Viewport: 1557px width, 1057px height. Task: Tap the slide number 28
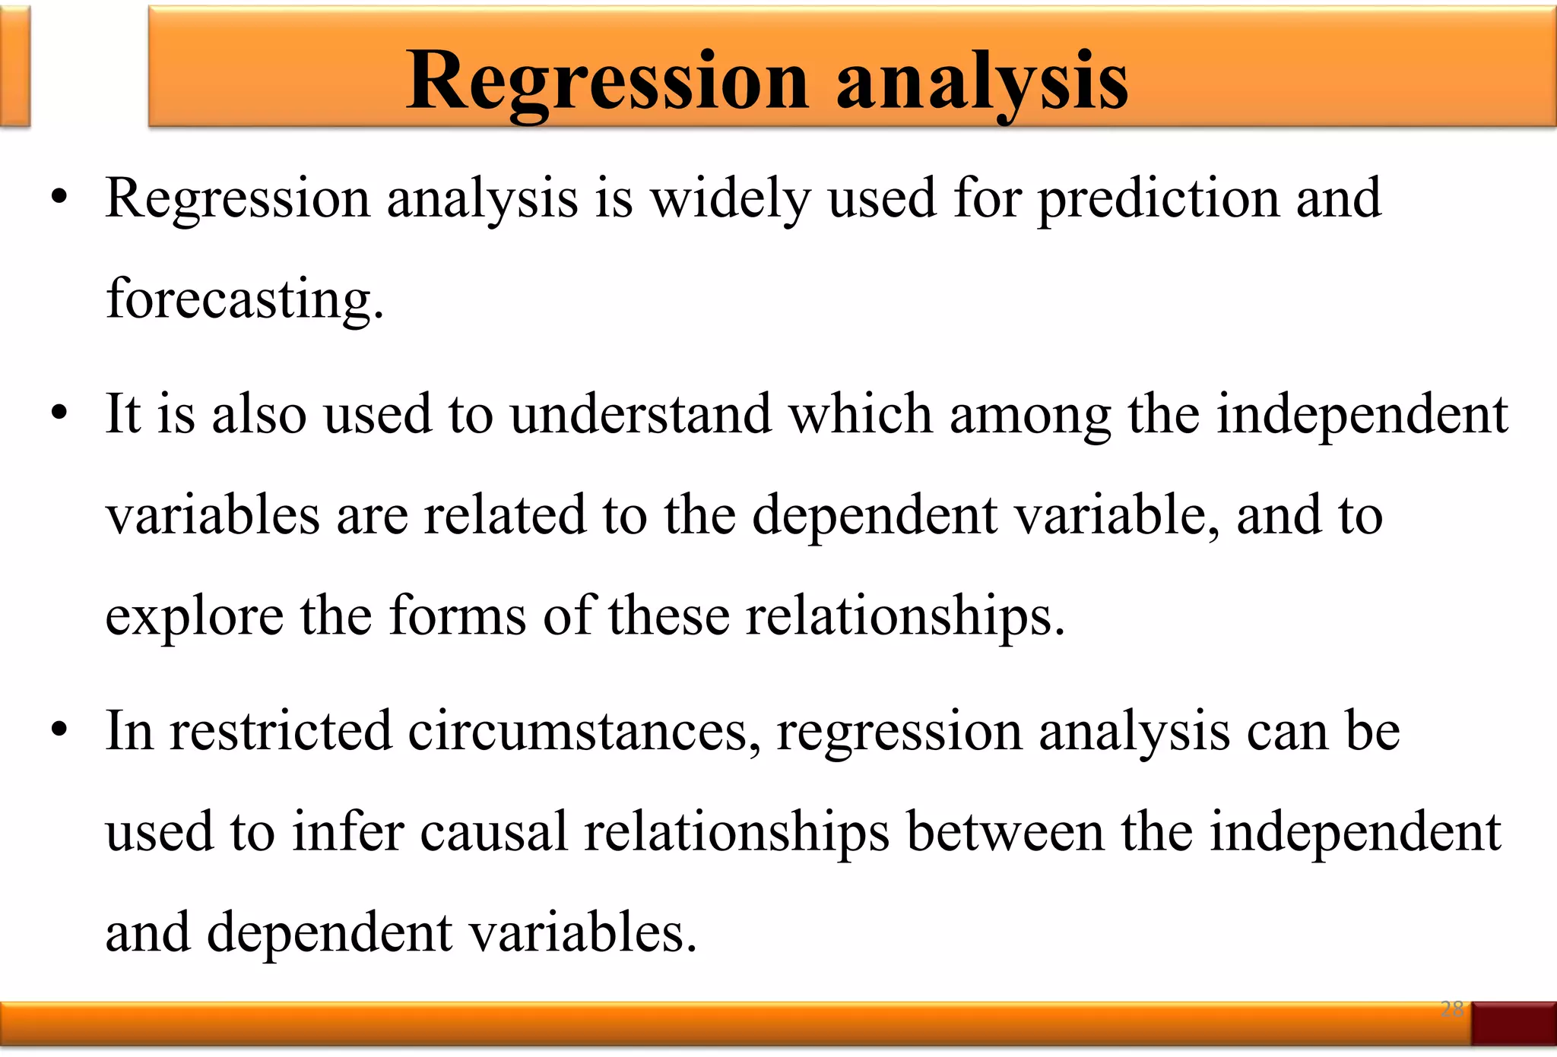(x=1452, y=1009)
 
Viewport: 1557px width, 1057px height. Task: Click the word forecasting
(x=245, y=299)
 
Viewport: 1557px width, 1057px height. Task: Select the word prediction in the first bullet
(x=1159, y=199)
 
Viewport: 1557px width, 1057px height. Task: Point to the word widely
(x=730, y=199)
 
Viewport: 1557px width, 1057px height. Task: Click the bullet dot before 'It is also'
(x=59, y=415)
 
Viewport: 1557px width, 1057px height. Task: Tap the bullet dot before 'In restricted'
(x=59, y=731)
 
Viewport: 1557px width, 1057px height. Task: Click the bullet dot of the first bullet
(x=59, y=199)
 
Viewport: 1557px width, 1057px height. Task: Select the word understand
(x=640, y=415)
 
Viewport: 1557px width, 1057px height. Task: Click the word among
(x=1030, y=416)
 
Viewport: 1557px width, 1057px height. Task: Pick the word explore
(x=194, y=617)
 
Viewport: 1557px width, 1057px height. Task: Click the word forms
(x=457, y=616)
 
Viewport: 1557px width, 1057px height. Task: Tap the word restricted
(x=280, y=731)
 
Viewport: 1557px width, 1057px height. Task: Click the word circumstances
(x=584, y=731)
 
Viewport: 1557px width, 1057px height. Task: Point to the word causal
(x=493, y=832)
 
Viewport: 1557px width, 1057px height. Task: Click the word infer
(x=347, y=832)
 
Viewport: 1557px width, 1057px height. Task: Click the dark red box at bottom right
(x=1513, y=1023)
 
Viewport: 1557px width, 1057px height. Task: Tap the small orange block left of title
(x=14, y=67)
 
